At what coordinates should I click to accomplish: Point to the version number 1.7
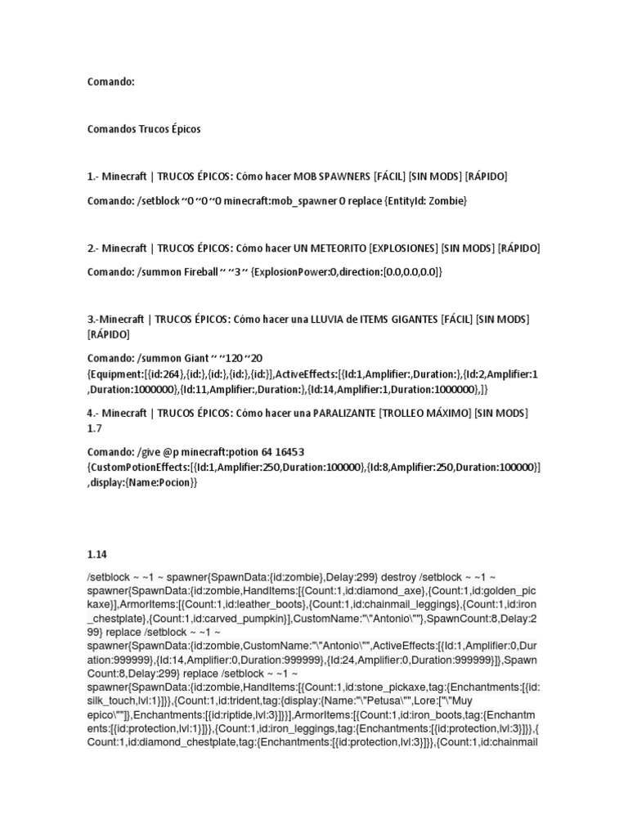[x=96, y=428]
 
